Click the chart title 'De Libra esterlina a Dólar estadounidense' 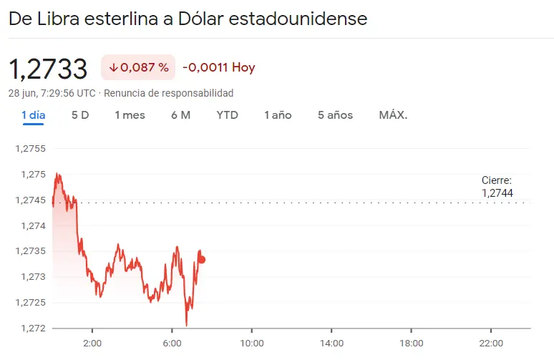pos(188,19)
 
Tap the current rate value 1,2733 pos(48,69)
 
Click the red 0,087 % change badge pos(139,68)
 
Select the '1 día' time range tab pos(34,115)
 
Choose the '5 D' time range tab pos(80,115)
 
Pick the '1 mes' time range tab pos(130,115)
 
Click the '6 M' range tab pos(180,115)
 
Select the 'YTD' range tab pos(227,115)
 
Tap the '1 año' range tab pos(278,115)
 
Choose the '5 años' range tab pos(335,115)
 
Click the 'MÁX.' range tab pos(393,115)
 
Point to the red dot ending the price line pos(202,259)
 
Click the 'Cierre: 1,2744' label pos(497,187)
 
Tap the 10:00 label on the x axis pos(252,342)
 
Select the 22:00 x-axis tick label pos(490,342)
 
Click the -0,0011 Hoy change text pos(218,68)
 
